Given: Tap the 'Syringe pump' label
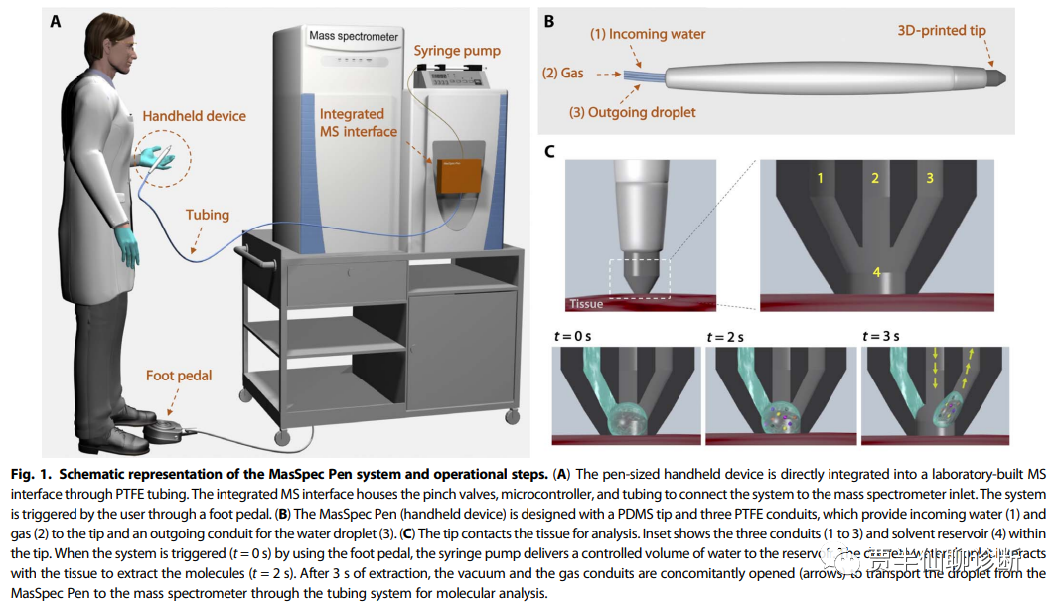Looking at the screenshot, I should click(456, 51).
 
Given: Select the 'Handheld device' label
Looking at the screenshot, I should click(194, 116).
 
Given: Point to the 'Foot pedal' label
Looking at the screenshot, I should click(179, 376).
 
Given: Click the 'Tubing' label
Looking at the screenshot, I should click(207, 214).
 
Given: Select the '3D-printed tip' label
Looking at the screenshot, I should click(941, 31).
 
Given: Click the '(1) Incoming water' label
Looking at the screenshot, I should click(648, 34).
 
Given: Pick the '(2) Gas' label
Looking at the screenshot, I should click(561, 73).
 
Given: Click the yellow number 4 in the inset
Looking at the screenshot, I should click(875, 272).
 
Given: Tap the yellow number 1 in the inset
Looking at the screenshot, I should click(821, 179).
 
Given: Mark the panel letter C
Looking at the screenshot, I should click(549, 151).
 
